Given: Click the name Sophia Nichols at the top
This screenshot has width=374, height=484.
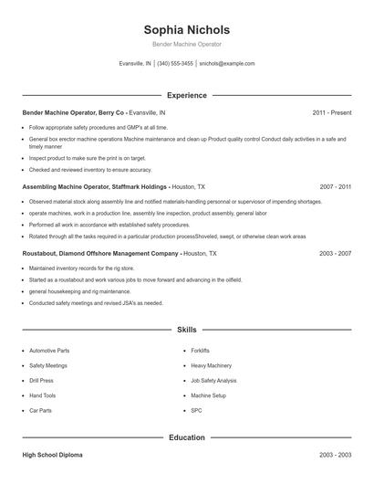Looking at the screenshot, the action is pos(186,29).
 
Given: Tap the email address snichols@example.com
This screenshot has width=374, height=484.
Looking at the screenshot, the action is pos(226,64).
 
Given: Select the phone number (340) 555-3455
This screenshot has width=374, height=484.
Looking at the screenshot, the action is pos(175,64).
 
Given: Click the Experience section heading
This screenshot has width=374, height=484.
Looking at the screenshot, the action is pos(186,95).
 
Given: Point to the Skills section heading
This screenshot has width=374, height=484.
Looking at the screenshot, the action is pos(186,329).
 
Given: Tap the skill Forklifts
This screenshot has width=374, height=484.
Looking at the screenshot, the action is pos(200,350).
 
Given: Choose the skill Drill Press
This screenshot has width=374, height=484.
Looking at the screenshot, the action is pos(41,380).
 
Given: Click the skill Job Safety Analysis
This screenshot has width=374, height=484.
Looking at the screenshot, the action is pos(213,380).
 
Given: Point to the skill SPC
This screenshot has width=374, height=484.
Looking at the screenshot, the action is pos(195,410).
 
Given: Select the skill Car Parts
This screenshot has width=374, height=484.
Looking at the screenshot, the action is pos(40,410).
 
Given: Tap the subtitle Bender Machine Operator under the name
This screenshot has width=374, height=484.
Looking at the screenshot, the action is pos(186,45).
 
